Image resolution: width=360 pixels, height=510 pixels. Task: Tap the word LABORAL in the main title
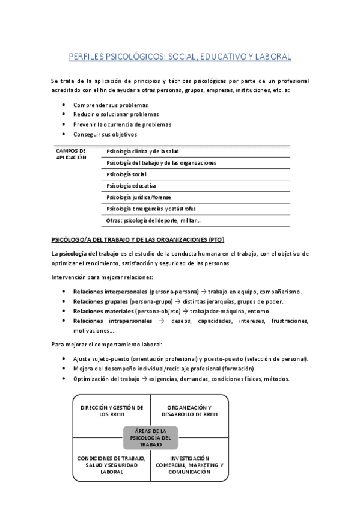click(272, 57)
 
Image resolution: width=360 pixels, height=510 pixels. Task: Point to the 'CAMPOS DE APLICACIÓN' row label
click(71, 154)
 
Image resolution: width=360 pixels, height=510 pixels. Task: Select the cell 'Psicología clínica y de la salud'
click(142, 152)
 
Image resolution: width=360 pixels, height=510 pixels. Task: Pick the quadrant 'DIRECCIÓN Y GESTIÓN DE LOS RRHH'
click(111, 411)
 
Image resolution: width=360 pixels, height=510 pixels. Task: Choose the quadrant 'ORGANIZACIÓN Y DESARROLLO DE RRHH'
click(189, 411)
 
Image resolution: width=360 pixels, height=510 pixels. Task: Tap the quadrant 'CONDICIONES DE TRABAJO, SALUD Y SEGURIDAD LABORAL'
click(111, 464)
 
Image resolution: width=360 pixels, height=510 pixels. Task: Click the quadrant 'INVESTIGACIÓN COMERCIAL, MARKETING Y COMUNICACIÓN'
click(189, 464)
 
